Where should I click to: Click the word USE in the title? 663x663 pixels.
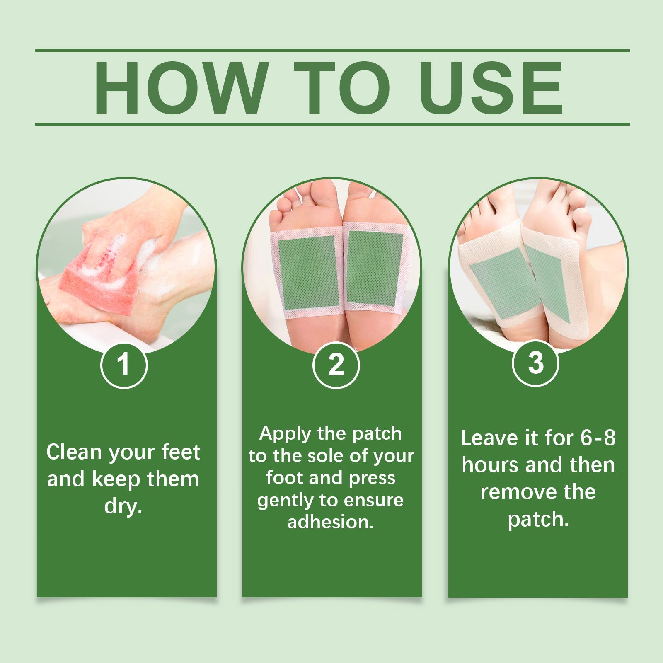coord(492,88)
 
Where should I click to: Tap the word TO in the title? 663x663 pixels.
coord(342,88)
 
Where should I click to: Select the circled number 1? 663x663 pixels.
coord(124,365)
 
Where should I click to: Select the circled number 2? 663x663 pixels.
coord(336,365)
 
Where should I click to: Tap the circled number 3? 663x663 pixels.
coord(535,363)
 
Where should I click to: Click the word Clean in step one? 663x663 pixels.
coord(74,452)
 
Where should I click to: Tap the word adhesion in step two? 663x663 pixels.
coord(331,522)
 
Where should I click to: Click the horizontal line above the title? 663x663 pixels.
coord(331,51)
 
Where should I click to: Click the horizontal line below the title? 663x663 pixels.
coord(331,124)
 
